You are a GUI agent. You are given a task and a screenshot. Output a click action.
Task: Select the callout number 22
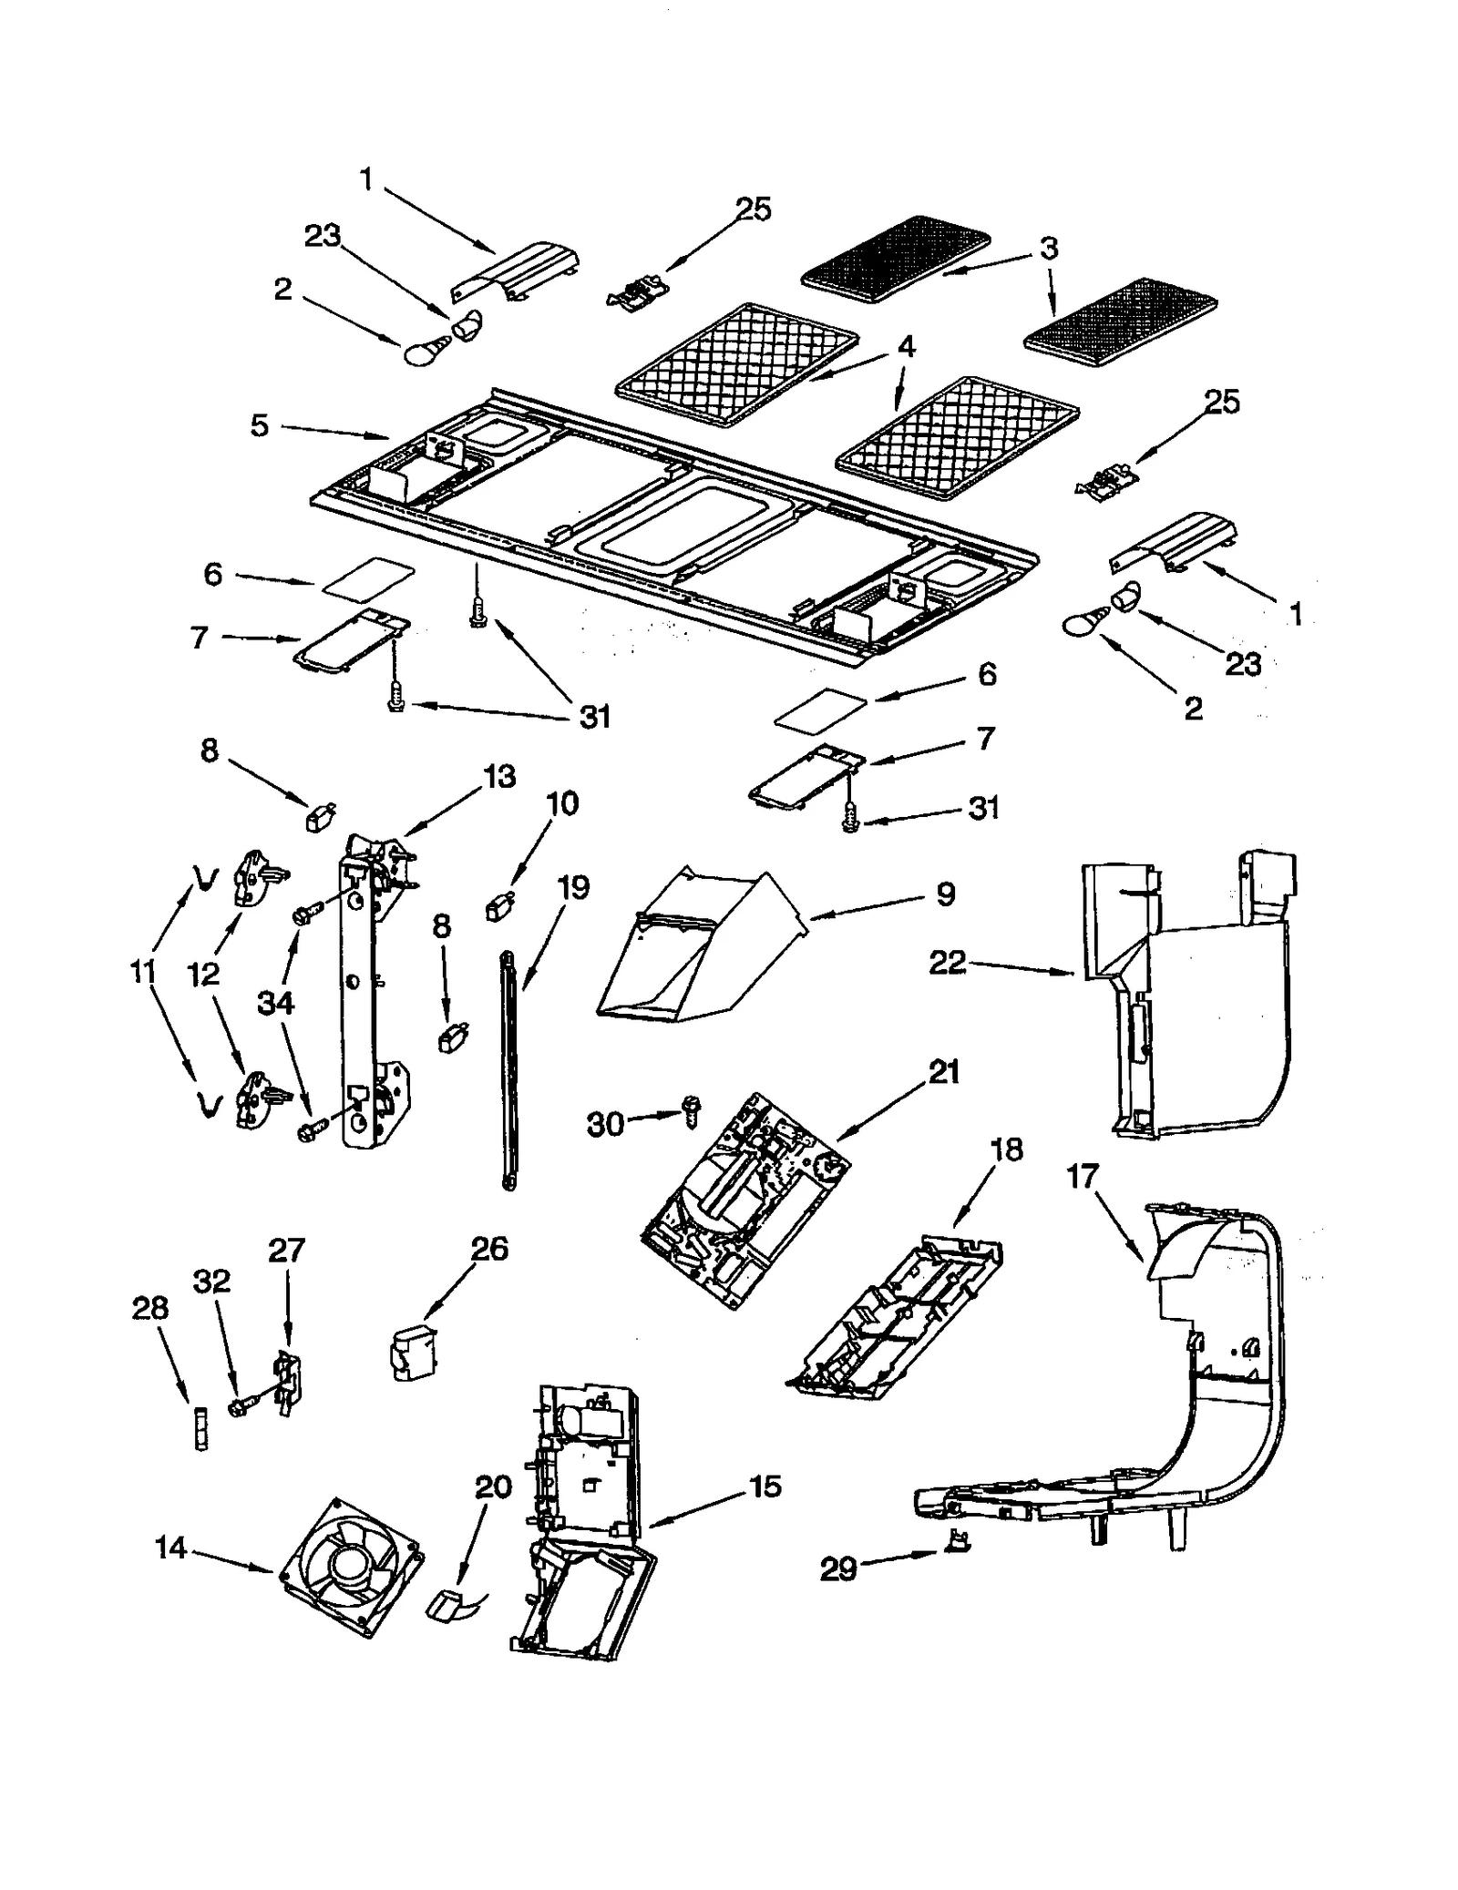(947, 962)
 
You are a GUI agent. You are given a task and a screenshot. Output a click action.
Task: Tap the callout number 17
(1083, 1177)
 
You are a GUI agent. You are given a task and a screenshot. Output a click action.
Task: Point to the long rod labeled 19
(508, 1066)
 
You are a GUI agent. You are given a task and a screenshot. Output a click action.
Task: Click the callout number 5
(260, 425)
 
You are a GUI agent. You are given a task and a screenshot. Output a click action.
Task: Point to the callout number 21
(943, 1071)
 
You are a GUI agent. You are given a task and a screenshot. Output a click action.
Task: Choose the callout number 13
(499, 776)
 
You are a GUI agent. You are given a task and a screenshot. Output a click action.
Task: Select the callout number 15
(765, 1486)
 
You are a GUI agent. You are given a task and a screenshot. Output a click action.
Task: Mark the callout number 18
(1006, 1149)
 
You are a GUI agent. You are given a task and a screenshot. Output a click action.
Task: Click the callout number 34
(275, 1003)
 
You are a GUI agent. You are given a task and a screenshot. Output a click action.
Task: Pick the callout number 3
(1049, 248)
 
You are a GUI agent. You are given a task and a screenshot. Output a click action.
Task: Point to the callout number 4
(905, 347)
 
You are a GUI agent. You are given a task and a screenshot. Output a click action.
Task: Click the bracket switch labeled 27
(289, 1384)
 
